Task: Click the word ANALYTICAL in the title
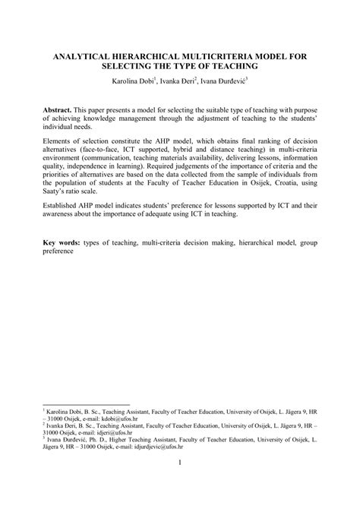[x=79, y=58]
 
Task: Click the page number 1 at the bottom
[x=180, y=462]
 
